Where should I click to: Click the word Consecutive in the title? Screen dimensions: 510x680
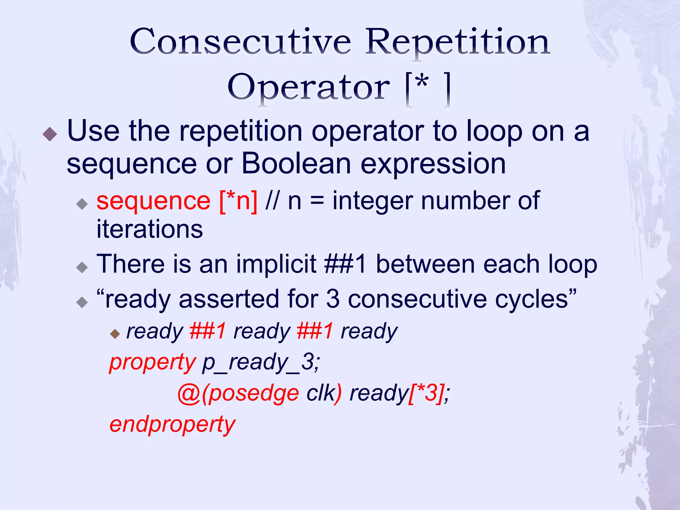coord(240,42)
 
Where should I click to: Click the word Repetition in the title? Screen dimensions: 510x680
coord(458,42)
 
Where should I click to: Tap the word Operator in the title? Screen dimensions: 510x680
coord(309,87)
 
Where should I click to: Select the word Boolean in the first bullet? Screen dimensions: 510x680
coord(296,164)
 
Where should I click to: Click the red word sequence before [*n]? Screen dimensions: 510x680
coord(153,201)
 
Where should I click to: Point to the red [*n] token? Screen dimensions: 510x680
coord(238,201)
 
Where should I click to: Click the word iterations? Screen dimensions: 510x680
coord(149,229)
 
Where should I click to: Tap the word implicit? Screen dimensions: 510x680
coord(276,264)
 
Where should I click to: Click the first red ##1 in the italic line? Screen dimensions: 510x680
coord(208,331)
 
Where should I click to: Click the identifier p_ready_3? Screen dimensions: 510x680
coord(261,362)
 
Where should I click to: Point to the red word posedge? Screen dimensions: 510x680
coord(254,393)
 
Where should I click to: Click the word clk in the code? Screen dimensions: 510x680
coord(320,393)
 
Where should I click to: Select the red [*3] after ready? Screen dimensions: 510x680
coord(426,393)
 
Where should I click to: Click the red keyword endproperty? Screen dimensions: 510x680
coord(172,425)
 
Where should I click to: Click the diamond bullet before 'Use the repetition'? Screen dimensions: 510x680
coord(50,134)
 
